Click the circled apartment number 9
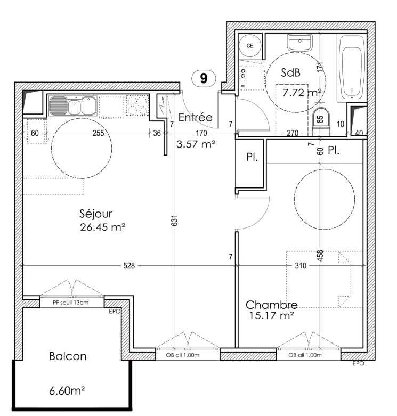click(x=204, y=78)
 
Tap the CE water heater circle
click(x=250, y=46)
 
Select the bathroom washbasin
click(x=299, y=43)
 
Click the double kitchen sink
click(x=73, y=105)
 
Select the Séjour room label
click(x=96, y=214)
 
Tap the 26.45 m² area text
click(x=102, y=227)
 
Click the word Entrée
click(x=196, y=117)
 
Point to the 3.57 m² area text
click(x=196, y=144)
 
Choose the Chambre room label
click(x=271, y=305)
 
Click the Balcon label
click(x=68, y=356)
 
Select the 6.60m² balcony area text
click(x=67, y=391)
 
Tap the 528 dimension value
click(x=129, y=266)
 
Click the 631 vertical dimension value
click(x=174, y=220)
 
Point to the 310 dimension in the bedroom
click(x=301, y=266)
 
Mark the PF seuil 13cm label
click(x=70, y=303)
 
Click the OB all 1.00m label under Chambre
click(x=305, y=355)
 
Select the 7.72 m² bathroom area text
click(x=302, y=93)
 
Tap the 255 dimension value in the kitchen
click(x=98, y=133)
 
